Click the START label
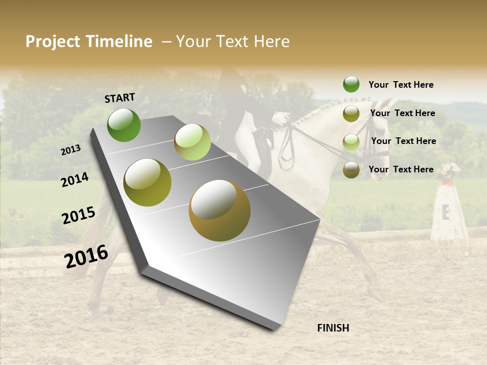click(x=120, y=98)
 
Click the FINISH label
click(x=333, y=328)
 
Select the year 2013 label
click(x=71, y=150)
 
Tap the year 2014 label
click(x=75, y=179)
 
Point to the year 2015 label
click(x=79, y=215)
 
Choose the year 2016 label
click(x=86, y=257)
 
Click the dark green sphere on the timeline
click(x=124, y=125)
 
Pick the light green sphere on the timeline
click(x=192, y=142)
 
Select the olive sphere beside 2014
click(x=147, y=182)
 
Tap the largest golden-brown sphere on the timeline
click(x=220, y=210)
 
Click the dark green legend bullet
click(x=351, y=84)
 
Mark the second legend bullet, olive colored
click(x=351, y=114)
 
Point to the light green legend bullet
click(x=351, y=142)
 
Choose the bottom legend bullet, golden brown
click(x=351, y=170)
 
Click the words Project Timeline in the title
click(x=89, y=42)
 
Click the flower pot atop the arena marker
click(x=447, y=174)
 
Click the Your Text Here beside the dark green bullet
click(x=401, y=85)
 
